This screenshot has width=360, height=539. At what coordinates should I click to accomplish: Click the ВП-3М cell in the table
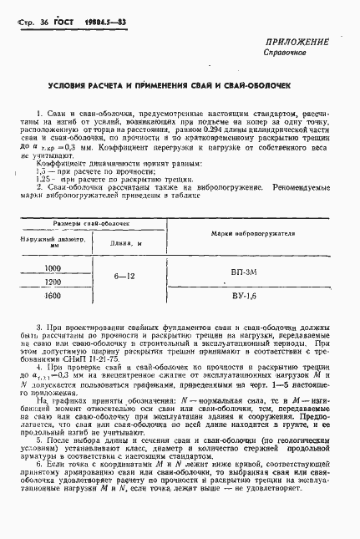(246, 272)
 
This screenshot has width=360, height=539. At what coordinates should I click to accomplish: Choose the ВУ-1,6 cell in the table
(246, 296)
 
